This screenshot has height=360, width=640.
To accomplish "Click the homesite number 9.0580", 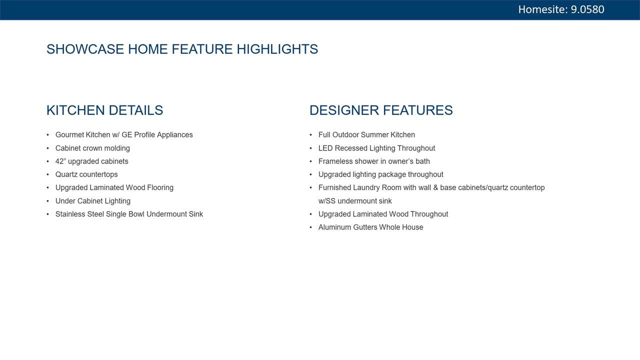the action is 587,9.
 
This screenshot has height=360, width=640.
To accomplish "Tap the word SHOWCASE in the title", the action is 85,49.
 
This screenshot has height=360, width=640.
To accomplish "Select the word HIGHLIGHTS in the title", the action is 277,49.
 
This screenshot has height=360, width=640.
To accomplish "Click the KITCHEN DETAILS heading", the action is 104,110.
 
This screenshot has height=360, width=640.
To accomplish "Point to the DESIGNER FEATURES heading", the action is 381,110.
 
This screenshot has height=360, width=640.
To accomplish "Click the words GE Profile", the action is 138,135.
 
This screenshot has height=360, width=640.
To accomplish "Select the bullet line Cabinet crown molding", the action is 92,148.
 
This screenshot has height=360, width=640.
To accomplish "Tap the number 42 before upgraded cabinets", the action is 59,161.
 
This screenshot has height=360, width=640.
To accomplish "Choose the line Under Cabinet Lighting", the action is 93,201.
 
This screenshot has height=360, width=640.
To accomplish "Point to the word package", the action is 392,175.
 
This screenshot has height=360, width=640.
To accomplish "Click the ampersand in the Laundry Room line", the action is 435,187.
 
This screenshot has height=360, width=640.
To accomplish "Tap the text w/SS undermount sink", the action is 355,201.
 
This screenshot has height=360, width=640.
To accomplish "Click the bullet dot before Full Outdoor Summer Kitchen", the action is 311,135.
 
